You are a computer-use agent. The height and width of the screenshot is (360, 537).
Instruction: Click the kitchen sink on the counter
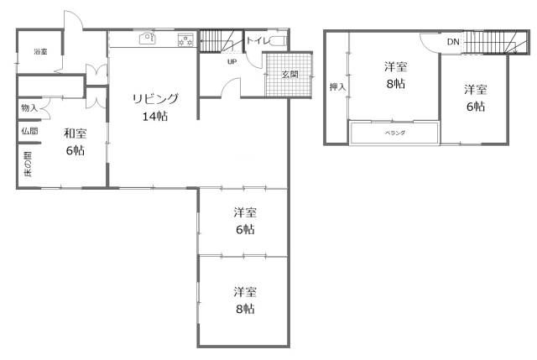click(x=145, y=38)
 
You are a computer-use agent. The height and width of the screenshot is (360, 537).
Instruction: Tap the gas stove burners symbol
click(x=185, y=39)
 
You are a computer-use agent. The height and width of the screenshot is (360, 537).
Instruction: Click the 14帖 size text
click(x=154, y=116)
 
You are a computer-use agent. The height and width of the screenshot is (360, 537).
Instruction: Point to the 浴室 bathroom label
click(x=40, y=52)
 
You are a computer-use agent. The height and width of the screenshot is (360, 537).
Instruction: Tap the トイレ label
click(x=257, y=39)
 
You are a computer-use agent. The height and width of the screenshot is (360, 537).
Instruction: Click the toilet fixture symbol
click(x=281, y=39)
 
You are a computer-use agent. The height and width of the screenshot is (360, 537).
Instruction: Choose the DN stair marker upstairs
click(x=453, y=41)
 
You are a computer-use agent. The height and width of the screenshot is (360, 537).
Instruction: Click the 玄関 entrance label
click(x=289, y=74)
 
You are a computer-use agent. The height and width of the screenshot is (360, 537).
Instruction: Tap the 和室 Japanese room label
click(x=75, y=133)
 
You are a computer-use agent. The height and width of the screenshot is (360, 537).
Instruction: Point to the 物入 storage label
click(x=29, y=108)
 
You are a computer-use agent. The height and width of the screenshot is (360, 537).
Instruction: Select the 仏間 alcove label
click(x=29, y=131)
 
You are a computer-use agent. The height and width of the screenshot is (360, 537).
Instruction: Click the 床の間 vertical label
click(x=28, y=164)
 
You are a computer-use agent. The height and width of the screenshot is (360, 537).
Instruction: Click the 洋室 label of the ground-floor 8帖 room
click(x=245, y=291)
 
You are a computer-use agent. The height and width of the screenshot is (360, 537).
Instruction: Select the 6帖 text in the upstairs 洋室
click(x=476, y=107)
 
